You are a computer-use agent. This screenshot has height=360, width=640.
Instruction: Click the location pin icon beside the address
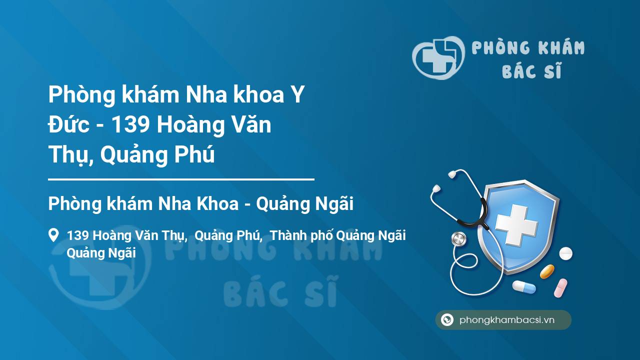(x=53, y=235)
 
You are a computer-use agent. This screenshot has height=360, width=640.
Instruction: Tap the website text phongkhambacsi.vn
(x=507, y=320)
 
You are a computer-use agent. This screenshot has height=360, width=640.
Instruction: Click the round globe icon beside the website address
(x=447, y=319)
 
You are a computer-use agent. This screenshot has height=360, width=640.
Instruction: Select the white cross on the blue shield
(x=516, y=225)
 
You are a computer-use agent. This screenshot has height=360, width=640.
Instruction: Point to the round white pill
(x=565, y=253)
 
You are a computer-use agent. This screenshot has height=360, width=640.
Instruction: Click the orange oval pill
(x=547, y=271)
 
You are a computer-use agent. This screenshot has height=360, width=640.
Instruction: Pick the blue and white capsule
(x=524, y=287)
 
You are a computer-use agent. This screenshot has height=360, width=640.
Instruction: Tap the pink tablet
(x=560, y=288)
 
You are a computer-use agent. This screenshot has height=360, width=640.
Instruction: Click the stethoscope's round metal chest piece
(x=459, y=239)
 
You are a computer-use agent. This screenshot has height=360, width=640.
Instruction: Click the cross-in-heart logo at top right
(x=438, y=57)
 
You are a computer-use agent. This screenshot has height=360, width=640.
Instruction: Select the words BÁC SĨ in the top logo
(x=531, y=70)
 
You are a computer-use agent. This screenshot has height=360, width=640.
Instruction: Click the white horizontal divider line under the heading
(x=181, y=179)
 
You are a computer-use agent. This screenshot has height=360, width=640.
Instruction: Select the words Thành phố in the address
(x=301, y=236)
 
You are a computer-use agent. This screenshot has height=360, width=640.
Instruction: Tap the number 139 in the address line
(x=77, y=235)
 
